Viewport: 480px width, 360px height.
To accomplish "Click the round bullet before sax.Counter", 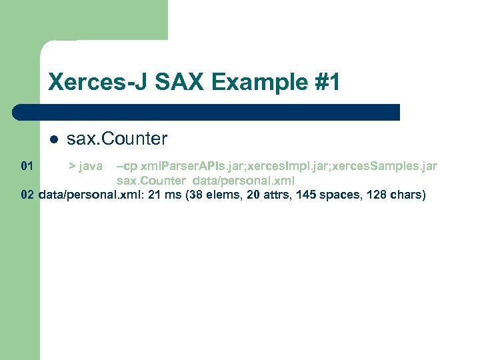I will click(53, 140).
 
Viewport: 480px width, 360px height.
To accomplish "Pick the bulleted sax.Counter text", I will click(117, 139).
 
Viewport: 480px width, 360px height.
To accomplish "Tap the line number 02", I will click(27, 195).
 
